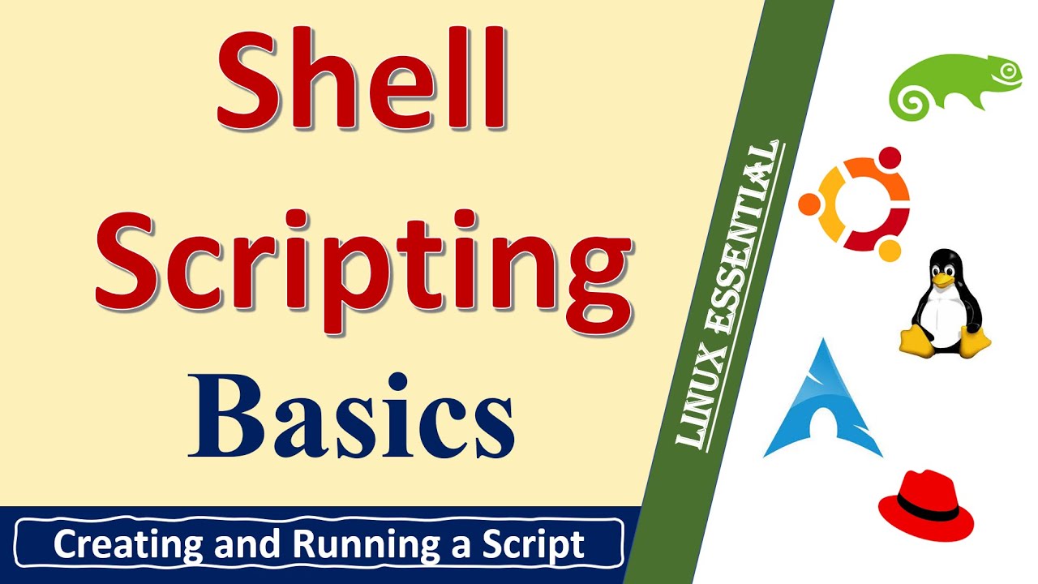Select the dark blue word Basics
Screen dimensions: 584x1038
(x=350, y=415)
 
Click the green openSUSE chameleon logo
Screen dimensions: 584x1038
(x=954, y=84)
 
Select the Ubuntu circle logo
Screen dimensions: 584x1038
(x=854, y=204)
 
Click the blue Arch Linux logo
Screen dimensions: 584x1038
(x=821, y=401)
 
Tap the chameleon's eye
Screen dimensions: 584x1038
(x=1009, y=71)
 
